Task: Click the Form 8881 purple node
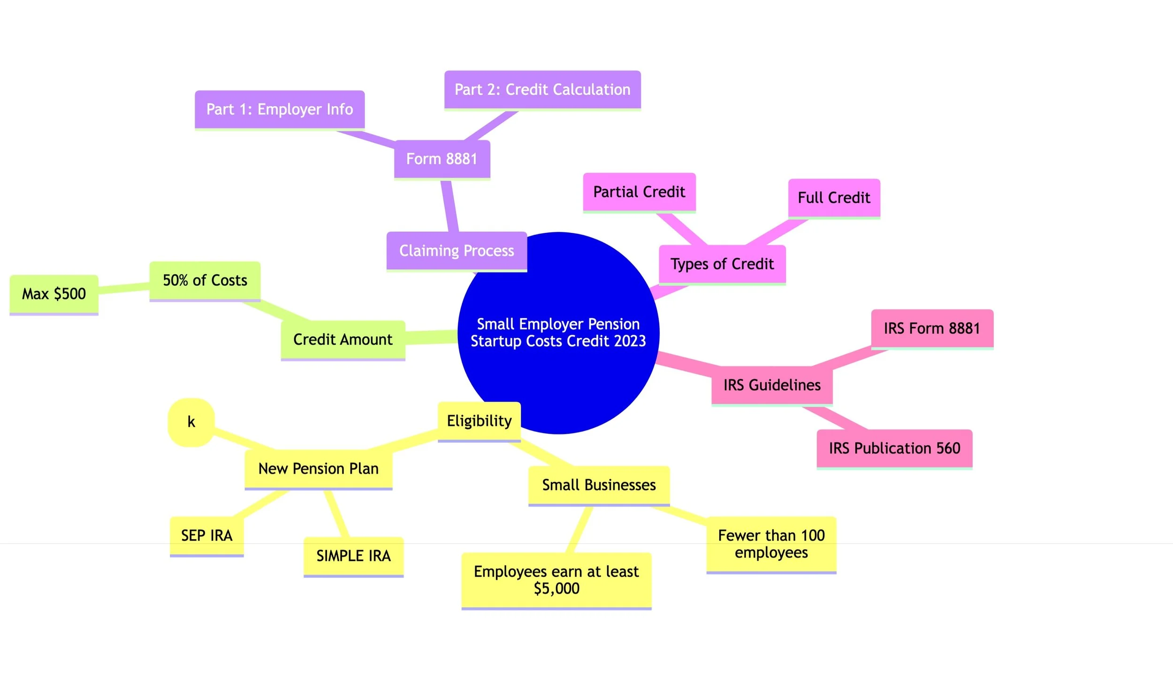(x=442, y=159)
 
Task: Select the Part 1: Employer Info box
(x=280, y=109)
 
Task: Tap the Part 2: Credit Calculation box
(x=542, y=90)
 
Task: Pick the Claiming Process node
(x=457, y=251)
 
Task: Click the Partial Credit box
(x=639, y=192)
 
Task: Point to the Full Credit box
(x=834, y=198)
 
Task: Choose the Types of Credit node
(x=722, y=264)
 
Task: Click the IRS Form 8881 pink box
(x=932, y=328)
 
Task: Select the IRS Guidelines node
(x=772, y=385)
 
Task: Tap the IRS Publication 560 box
(x=894, y=448)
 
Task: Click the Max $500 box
(x=54, y=294)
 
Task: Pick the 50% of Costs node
(x=205, y=280)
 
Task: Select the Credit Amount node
(x=343, y=339)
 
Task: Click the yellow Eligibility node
(x=479, y=421)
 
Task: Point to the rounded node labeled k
(x=191, y=422)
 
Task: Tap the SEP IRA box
(x=207, y=535)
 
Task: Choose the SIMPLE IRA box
(x=353, y=556)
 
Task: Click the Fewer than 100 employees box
(x=771, y=544)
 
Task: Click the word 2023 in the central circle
(x=630, y=341)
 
